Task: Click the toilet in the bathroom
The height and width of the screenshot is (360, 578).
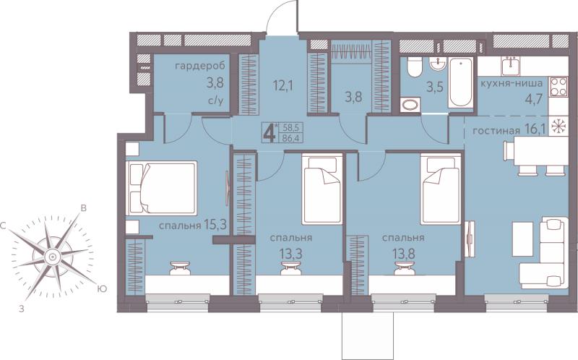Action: tap(414, 67)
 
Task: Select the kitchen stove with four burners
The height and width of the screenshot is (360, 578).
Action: tap(558, 86)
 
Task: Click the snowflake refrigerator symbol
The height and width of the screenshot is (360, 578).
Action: tap(558, 127)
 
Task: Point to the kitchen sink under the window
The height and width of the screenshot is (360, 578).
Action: tap(512, 67)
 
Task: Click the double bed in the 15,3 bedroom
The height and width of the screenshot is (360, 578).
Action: tap(161, 187)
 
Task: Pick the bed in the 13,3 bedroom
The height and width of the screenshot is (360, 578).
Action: tap(322, 189)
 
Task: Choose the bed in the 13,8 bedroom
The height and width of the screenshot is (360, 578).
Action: tap(441, 189)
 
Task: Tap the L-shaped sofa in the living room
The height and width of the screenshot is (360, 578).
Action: tap(544, 253)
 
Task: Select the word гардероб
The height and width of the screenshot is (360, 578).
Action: tap(199, 67)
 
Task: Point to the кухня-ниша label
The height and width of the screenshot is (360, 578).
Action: tap(511, 83)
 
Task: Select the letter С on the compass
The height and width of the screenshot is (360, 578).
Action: tap(4, 226)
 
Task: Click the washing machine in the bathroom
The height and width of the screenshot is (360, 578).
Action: tap(410, 103)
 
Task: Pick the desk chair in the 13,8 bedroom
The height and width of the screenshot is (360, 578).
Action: tap(404, 268)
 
